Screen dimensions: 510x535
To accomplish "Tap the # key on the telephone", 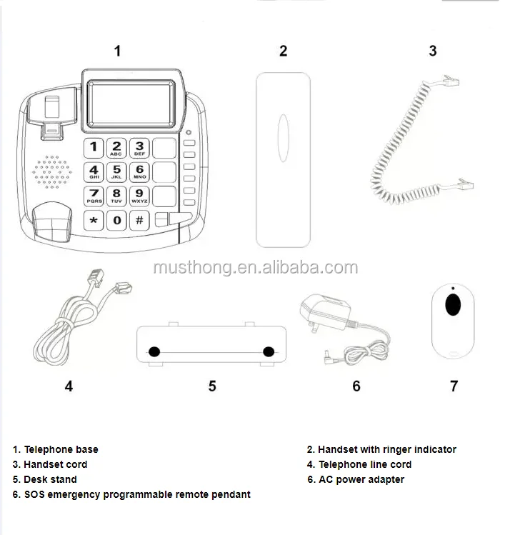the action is click(139, 221).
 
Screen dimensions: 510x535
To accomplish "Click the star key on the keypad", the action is click(94, 221).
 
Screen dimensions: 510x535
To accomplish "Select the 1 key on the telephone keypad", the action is click(94, 149).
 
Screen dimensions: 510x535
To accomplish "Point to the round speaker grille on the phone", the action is click(51, 172).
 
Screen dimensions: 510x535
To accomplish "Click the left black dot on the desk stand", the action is click(154, 351).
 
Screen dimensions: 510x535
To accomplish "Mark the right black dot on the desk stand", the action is click(269, 351).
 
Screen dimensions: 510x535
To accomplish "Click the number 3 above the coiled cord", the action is click(433, 51).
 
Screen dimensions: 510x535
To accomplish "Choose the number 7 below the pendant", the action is click(454, 386).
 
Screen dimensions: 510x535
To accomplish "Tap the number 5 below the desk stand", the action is click(212, 386).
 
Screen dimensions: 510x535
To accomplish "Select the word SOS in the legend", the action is click(34, 494).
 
